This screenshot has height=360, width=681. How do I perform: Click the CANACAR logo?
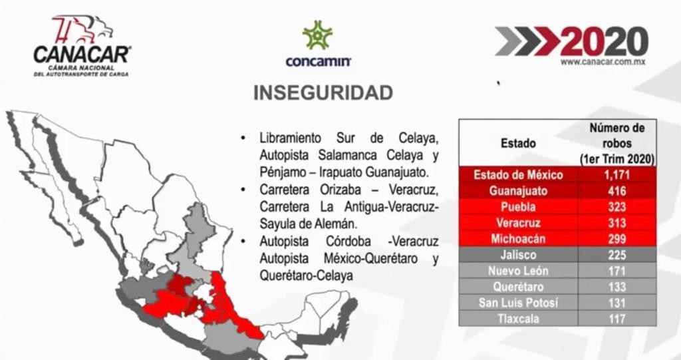click(x=82, y=46)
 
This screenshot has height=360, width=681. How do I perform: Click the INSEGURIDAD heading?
click(x=323, y=93)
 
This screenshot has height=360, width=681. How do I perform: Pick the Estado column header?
click(x=518, y=142)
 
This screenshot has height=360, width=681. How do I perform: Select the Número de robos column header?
click(x=618, y=142)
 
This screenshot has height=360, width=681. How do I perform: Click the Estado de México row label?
click(x=518, y=175)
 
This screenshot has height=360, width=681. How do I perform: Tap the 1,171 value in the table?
click(x=618, y=175)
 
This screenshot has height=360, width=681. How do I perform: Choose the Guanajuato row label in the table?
click(x=518, y=191)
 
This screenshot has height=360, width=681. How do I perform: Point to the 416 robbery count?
click(x=618, y=191)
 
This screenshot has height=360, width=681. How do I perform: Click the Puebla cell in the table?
click(x=518, y=207)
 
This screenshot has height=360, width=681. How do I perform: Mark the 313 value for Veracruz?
click(x=618, y=223)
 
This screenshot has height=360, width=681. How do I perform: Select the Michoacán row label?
click(x=518, y=239)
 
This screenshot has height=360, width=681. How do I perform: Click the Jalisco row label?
click(x=518, y=255)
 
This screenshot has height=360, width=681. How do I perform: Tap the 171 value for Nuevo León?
click(x=618, y=271)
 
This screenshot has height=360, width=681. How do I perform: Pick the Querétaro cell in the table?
click(x=518, y=287)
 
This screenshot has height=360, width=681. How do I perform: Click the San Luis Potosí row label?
click(x=518, y=303)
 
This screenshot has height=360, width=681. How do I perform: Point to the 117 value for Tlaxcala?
click(x=618, y=319)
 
